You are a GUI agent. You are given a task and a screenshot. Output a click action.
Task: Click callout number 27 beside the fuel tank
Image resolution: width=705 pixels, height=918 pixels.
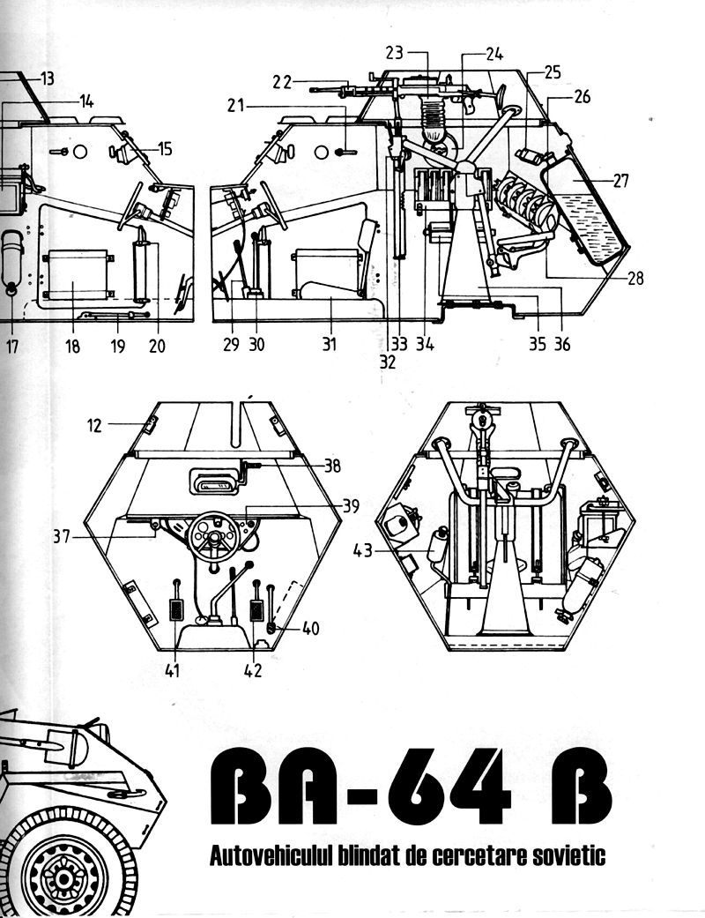620,182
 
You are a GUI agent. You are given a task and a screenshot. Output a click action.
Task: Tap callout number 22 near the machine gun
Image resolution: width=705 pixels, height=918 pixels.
282,81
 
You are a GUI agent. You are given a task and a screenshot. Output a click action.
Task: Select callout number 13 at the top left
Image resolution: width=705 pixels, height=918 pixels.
47,78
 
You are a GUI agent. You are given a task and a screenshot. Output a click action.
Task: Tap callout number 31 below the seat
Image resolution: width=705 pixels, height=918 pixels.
329,344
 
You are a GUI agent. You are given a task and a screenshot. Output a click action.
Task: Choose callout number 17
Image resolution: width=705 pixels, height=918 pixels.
11,346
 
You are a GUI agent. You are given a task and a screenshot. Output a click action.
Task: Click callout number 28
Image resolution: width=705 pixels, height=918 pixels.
634,279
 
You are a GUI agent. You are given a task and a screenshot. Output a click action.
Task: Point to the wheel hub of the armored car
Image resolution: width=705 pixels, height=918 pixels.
63,877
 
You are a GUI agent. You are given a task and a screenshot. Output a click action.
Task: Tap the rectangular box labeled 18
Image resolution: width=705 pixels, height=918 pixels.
78,276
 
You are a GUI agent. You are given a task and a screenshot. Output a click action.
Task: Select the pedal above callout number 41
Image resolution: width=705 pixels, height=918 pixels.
177,610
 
